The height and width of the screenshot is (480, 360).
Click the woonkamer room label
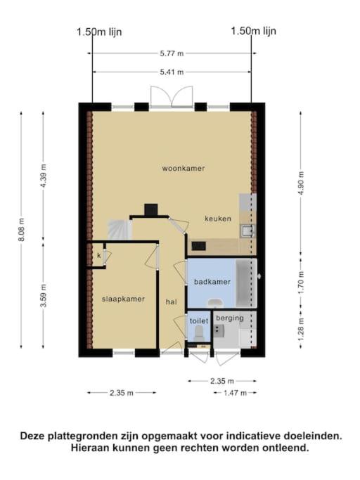point(184,169)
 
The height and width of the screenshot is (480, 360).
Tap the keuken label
point(218,219)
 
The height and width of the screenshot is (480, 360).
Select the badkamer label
point(212,282)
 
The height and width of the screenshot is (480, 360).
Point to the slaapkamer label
point(123,299)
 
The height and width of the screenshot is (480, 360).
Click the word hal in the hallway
point(172,301)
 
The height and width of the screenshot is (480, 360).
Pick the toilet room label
point(199,320)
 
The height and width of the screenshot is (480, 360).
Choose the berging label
point(230,318)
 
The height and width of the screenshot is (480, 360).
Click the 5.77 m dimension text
point(172,53)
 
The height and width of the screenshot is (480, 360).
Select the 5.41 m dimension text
point(172,72)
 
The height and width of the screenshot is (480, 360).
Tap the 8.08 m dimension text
point(22,230)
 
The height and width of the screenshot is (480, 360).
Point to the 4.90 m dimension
point(301,183)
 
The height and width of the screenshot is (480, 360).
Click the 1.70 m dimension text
point(301,283)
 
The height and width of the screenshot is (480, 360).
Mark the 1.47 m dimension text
point(235,393)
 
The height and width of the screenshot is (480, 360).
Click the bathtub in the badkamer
point(246,283)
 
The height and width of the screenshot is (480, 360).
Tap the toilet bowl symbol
point(198,332)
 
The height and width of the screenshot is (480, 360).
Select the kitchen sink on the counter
point(247,231)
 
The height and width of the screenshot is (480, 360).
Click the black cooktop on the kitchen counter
point(199,245)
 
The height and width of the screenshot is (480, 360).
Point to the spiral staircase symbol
point(120,230)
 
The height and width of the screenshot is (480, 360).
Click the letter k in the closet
point(99,255)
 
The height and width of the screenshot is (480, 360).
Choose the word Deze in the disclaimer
point(33,436)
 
